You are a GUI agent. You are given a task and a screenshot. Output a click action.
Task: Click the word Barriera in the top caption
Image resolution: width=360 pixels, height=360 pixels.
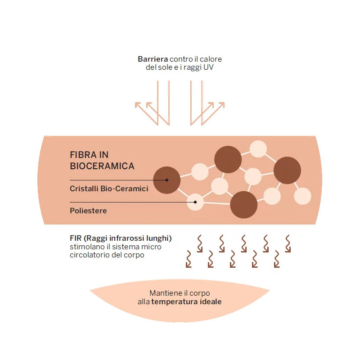pos(153,59)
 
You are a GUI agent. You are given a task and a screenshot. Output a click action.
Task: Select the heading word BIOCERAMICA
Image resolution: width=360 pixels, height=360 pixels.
pos(102,166)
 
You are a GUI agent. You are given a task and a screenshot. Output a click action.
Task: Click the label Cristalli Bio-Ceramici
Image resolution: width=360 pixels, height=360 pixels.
pos(109,189)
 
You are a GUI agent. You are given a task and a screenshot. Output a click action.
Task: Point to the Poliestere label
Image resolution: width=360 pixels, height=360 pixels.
pos(88,211)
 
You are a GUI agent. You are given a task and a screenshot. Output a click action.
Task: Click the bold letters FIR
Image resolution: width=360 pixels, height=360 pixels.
pos(76,238)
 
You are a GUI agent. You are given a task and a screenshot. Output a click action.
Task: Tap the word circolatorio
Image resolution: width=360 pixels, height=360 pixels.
pos(90,255)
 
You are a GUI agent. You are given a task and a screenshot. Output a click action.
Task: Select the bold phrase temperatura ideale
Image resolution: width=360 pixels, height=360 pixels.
pos(186,301)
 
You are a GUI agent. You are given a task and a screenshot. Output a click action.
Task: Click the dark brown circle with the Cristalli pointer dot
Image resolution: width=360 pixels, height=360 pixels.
pos(167,180)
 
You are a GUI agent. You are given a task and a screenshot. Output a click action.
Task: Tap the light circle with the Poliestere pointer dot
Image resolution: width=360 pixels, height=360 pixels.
pos(195,202)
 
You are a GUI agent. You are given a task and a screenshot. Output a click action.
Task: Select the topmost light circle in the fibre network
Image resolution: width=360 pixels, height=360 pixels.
pos(258,149)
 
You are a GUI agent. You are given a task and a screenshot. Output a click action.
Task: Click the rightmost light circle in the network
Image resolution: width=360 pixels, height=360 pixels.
pos(302,196)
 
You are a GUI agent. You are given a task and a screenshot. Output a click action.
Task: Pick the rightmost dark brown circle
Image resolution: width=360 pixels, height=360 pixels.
pos(287,171)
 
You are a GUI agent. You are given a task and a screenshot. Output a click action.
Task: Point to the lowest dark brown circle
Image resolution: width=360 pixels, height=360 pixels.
pos(243,205)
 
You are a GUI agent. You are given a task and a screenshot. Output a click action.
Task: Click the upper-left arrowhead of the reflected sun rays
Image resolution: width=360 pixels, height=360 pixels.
pos(139,105)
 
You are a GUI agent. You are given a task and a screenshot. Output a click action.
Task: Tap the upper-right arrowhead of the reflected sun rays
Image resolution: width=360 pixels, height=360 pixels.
pos(220,105)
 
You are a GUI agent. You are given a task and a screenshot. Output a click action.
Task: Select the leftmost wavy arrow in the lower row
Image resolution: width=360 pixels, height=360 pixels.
pos(189,260)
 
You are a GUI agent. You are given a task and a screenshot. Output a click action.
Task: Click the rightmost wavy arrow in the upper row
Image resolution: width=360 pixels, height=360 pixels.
pos(288,243)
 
